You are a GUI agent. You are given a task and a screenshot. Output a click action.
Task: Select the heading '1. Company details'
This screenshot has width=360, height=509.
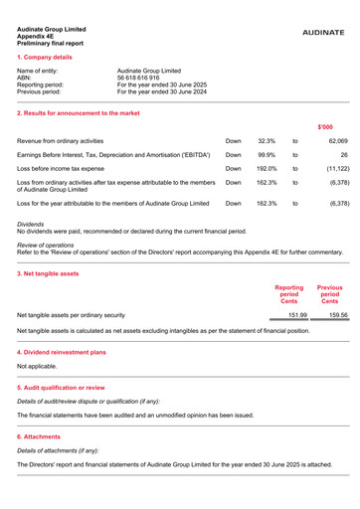[46, 59]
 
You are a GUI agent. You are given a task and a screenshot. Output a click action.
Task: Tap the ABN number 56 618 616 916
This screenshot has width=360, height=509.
[144, 78]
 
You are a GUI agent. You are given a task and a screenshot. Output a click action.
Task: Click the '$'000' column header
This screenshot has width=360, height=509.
[324, 126]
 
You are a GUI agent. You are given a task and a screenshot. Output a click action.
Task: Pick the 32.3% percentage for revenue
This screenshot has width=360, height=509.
[267, 142]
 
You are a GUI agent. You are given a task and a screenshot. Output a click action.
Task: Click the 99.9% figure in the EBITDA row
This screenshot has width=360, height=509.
[267, 157]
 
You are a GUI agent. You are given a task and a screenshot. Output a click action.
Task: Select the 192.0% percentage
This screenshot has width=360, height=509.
[266, 171]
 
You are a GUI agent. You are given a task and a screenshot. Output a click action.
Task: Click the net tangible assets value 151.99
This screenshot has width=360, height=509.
[285, 315]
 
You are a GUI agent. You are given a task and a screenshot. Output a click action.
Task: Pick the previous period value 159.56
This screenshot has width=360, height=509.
[329, 315]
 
